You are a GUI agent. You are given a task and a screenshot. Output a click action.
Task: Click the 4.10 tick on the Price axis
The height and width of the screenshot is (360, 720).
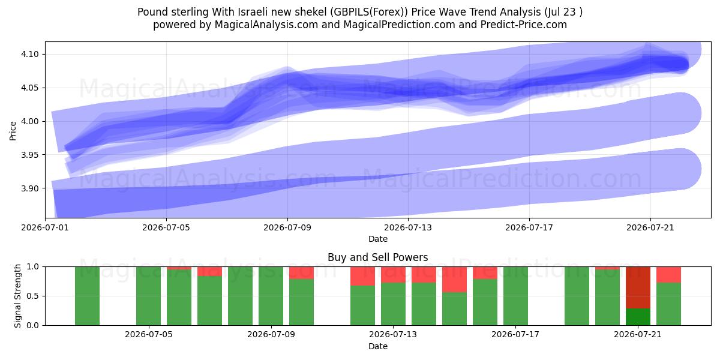pos(29,55)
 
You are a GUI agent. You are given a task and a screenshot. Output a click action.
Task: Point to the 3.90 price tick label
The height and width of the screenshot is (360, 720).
pos(29,188)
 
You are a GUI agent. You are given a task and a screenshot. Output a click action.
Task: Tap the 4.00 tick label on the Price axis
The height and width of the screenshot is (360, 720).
pos(29,121)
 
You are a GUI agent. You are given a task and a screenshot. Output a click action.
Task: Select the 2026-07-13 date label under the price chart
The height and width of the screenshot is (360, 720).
pos(408,227)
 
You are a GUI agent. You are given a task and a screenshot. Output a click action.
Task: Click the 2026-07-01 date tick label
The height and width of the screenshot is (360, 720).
pos(45,227)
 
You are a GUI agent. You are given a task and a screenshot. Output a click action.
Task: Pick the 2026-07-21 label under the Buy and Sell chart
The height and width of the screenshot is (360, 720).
pos(638,335)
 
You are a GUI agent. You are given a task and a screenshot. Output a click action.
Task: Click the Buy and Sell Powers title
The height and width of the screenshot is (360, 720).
pos(377,257)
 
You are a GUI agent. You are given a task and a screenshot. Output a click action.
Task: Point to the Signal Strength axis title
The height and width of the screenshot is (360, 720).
pos(17,296)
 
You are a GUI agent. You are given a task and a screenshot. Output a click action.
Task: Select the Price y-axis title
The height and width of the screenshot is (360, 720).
pos(13,131)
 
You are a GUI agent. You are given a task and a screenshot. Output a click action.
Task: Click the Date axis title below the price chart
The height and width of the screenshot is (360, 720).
pos(377,239)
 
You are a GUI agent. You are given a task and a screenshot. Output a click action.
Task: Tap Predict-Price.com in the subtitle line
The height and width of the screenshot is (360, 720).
pos(524,25)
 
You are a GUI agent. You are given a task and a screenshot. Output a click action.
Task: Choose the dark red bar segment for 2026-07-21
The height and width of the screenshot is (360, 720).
pos(638,287)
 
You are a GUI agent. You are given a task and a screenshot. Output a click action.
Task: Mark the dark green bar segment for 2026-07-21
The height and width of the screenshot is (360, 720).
pos(638,317)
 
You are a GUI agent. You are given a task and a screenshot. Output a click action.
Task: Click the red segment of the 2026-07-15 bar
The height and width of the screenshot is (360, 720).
pos(454,280)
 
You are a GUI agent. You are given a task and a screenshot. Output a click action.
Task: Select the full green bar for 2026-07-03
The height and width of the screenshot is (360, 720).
pos(87,296)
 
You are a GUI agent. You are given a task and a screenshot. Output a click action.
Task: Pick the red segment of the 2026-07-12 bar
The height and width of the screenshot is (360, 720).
pos(362,276)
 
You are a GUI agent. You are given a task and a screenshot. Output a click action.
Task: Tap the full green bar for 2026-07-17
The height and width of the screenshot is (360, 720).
pos(515,296)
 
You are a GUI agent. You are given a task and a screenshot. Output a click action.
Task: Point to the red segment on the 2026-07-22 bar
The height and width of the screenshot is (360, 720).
pos(668,275)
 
